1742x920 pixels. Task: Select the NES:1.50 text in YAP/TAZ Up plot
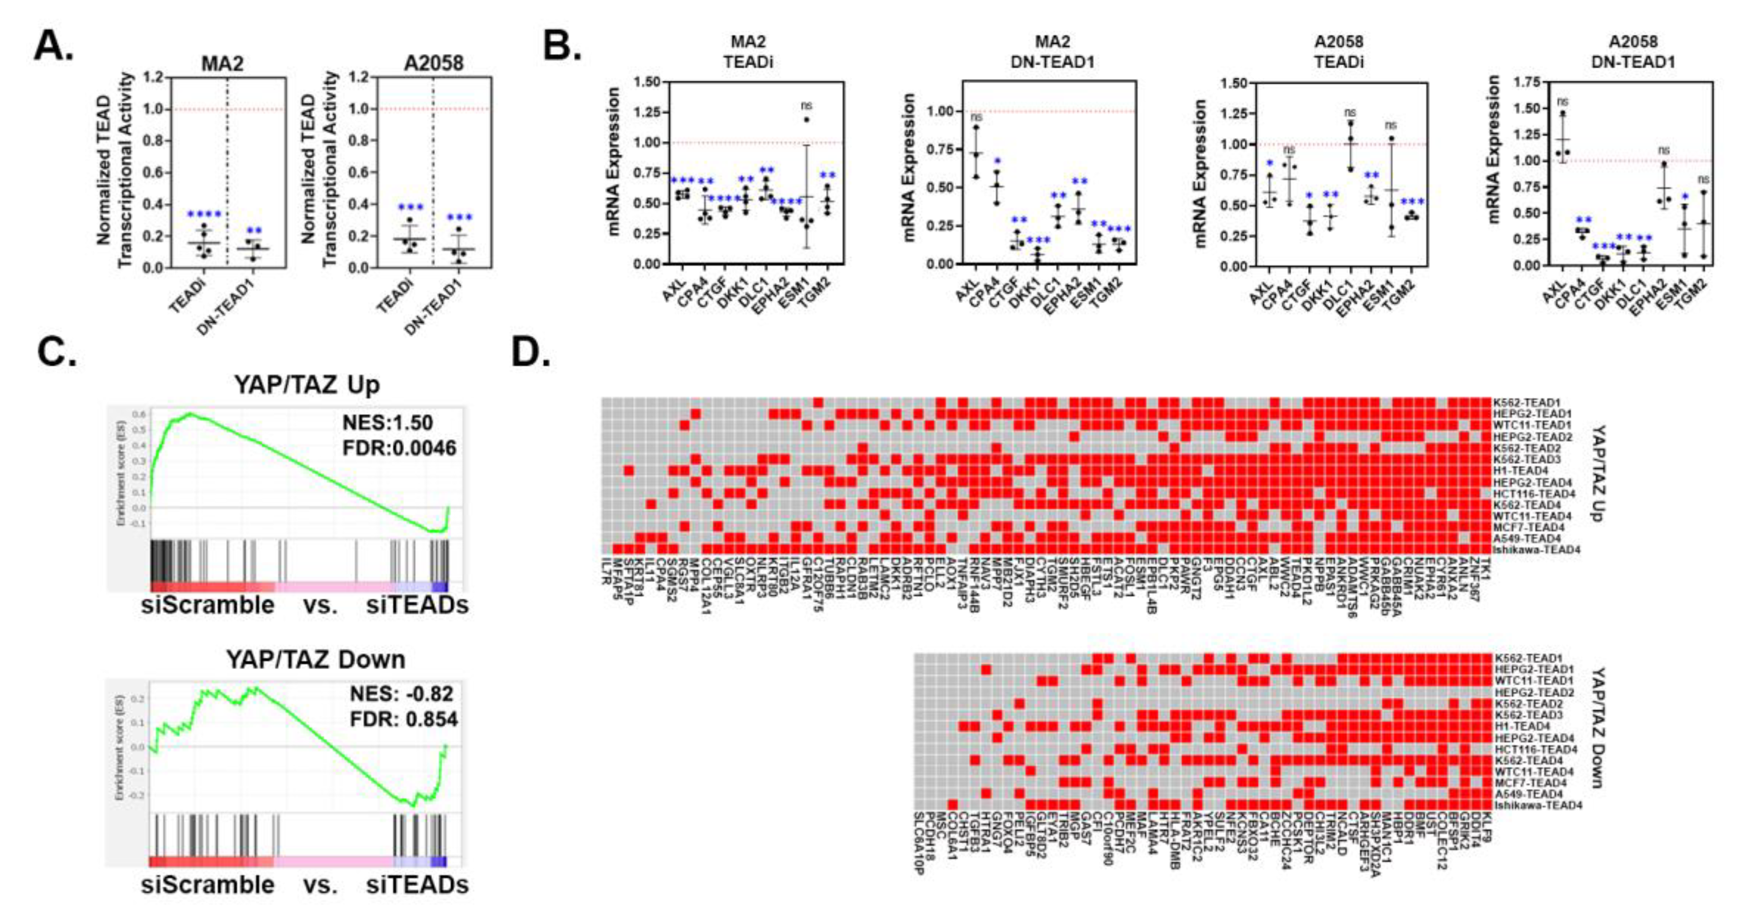(x=387, y=423)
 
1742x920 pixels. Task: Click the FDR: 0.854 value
(x=403, y=719)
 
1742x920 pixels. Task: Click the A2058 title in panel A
(x=434, y=63)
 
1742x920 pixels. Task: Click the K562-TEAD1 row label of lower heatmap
(x=1518, y=658)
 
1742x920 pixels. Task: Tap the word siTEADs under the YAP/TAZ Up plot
(x=417, y=605)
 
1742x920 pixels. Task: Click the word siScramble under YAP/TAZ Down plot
(x=208, y=885)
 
